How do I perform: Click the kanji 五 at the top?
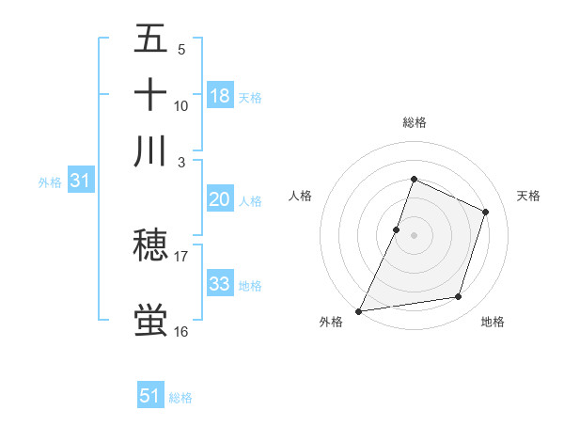click(150, 39)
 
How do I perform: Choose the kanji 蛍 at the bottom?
click(150, 321)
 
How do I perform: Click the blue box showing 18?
click(220, 95)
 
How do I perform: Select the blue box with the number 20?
click(220, 199)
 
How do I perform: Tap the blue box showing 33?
click(220, 283)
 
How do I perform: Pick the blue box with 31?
click(80, 182)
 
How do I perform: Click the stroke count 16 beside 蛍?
click(181, 332)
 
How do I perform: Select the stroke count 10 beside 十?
click(181, 105)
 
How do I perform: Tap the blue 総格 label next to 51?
click(180, 398)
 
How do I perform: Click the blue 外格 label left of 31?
click(50, 182)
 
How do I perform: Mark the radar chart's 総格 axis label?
click(414, 122)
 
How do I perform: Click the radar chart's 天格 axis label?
click(528, 196)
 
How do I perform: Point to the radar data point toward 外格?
click(358, 310)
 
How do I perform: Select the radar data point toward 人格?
click(397, 229)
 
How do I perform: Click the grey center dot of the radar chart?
click(414, 234)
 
